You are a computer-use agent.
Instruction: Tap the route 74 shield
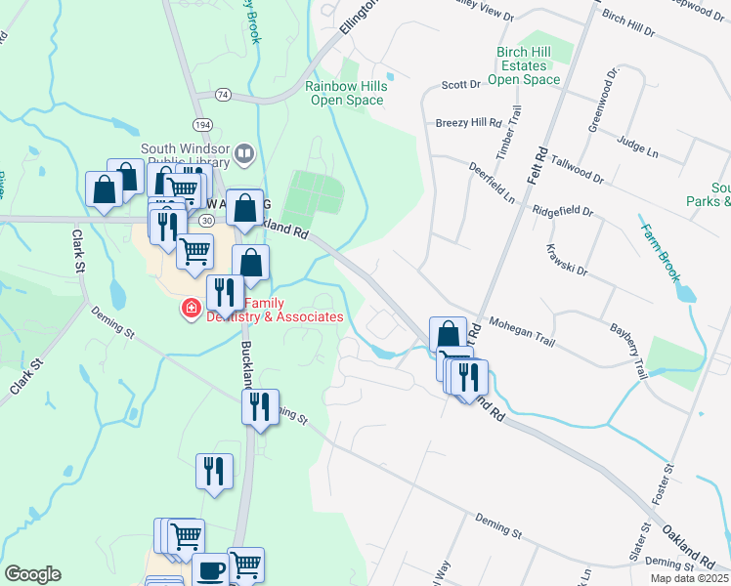(224, 95)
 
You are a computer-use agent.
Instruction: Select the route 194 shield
(202, 126)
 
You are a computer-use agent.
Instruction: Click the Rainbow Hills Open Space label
(346, 93)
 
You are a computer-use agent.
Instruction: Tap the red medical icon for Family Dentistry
(191, 310)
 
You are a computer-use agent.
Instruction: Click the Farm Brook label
(661, 253)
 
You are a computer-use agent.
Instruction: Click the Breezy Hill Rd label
(467, 123)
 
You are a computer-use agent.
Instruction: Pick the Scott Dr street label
(461, 85)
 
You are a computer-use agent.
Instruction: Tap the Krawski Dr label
(567, 259)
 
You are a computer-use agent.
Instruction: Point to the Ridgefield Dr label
(564, 210)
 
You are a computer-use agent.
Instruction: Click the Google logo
(32, 574)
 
